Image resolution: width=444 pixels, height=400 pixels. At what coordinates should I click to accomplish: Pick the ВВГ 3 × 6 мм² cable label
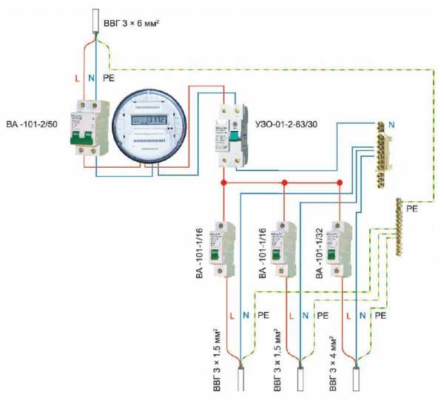[132, 24]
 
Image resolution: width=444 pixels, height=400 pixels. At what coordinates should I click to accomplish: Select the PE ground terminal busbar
[400, 226]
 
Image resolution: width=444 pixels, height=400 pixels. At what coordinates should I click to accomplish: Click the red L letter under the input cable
[77, 76]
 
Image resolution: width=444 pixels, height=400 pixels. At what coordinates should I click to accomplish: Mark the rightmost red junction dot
[340, 181]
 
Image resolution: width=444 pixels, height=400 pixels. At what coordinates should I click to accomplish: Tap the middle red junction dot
[282, 181]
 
